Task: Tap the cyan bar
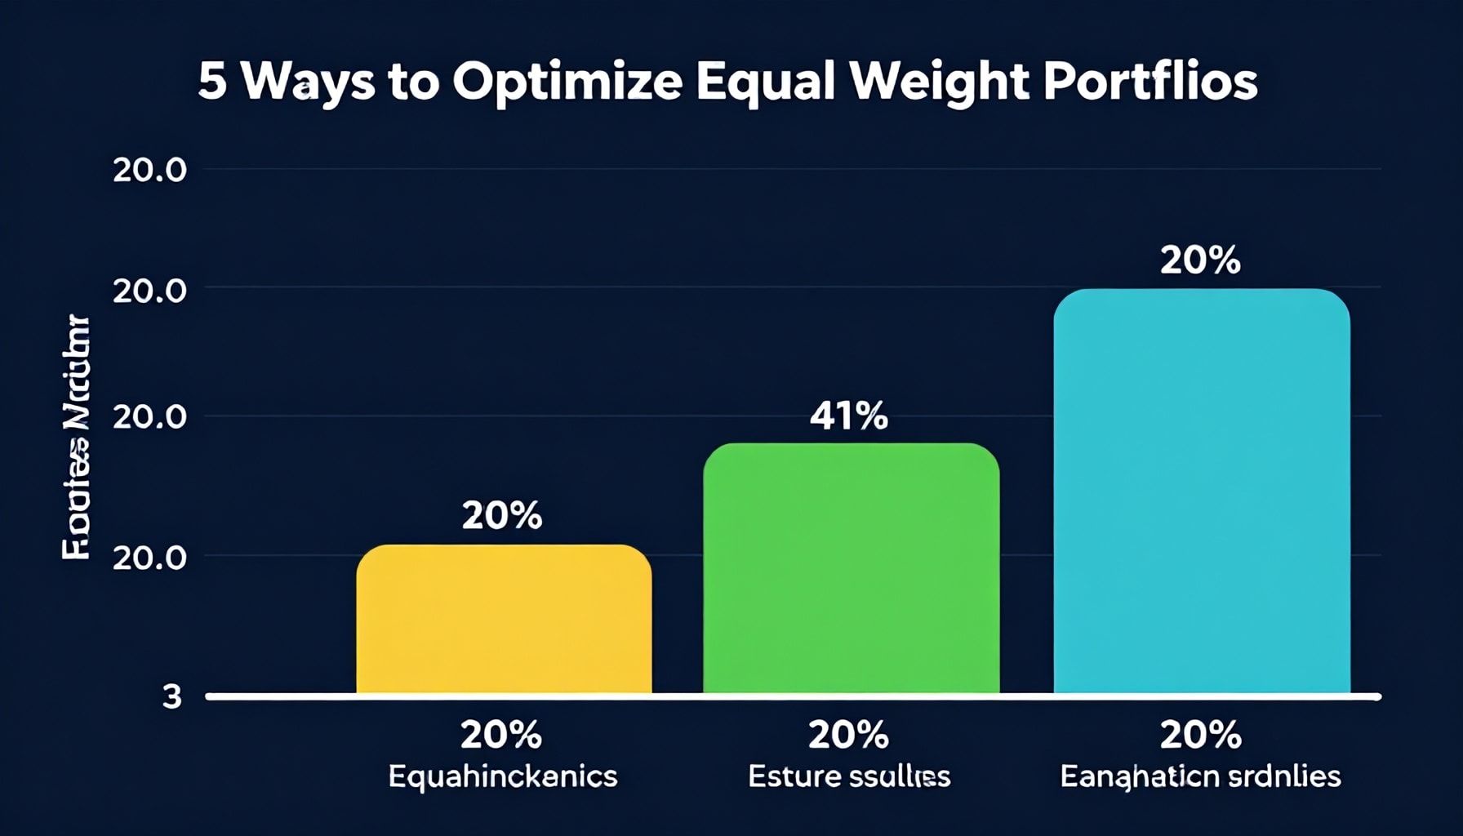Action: pos(1201,491)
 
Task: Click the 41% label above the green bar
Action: pos(848,416)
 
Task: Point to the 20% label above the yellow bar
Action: pos(501,515)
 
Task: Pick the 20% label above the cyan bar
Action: pos(1199,260)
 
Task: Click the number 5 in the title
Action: pos(211,82)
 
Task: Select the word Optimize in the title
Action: pos(567,84)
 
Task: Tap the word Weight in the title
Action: pos(938,84)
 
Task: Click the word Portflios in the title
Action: pos(1150,82)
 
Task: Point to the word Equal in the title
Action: pos(766,84)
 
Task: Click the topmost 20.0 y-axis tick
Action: pos(149,170)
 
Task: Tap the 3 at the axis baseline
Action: pos(171,696)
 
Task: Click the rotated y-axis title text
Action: pos(76,438)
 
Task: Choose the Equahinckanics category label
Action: pos(502,776)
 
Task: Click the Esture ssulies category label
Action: pos(849,776)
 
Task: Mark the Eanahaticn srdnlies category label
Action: pos(1200,776)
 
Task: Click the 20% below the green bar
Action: pos(848,736)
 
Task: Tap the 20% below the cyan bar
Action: pos(1200,736)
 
